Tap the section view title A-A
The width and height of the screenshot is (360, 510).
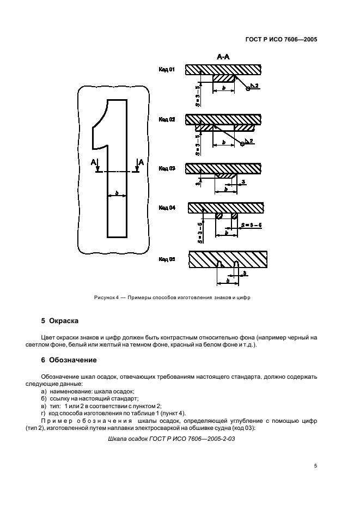[x=224, y=56]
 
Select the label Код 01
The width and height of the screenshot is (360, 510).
[x=167, y=70]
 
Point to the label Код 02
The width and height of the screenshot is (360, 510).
[x=167, y=119]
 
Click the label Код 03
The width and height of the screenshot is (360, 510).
[x=167, y=168]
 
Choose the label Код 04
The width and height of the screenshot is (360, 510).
[x=167, y=208]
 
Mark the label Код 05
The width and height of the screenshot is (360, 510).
[x=167, y=260]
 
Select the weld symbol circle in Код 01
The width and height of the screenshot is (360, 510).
[x=248, y=90]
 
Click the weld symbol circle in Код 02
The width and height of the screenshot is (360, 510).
[x=242, y=144]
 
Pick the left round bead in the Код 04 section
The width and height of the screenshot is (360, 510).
[x=218, y=216]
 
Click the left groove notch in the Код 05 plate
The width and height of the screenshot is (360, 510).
[x=219, y=264]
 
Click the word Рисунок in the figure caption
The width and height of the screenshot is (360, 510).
[x=105, y=296]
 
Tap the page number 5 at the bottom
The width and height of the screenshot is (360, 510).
[x=316, y=466]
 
